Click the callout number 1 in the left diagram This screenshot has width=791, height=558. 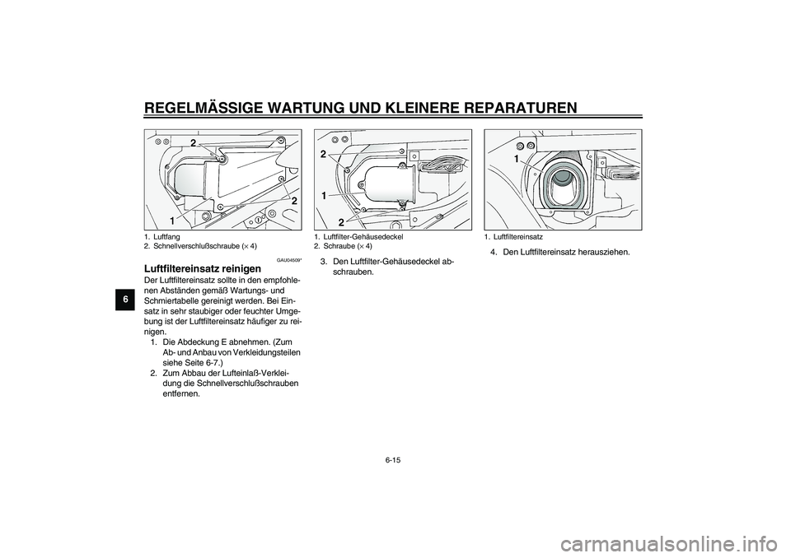(x=173, y=221)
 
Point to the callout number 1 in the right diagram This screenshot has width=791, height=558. (x=516, y=157)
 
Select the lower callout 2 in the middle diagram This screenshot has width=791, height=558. (x=339, y=222)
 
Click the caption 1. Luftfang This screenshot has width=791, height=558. (x=164, y=237)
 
